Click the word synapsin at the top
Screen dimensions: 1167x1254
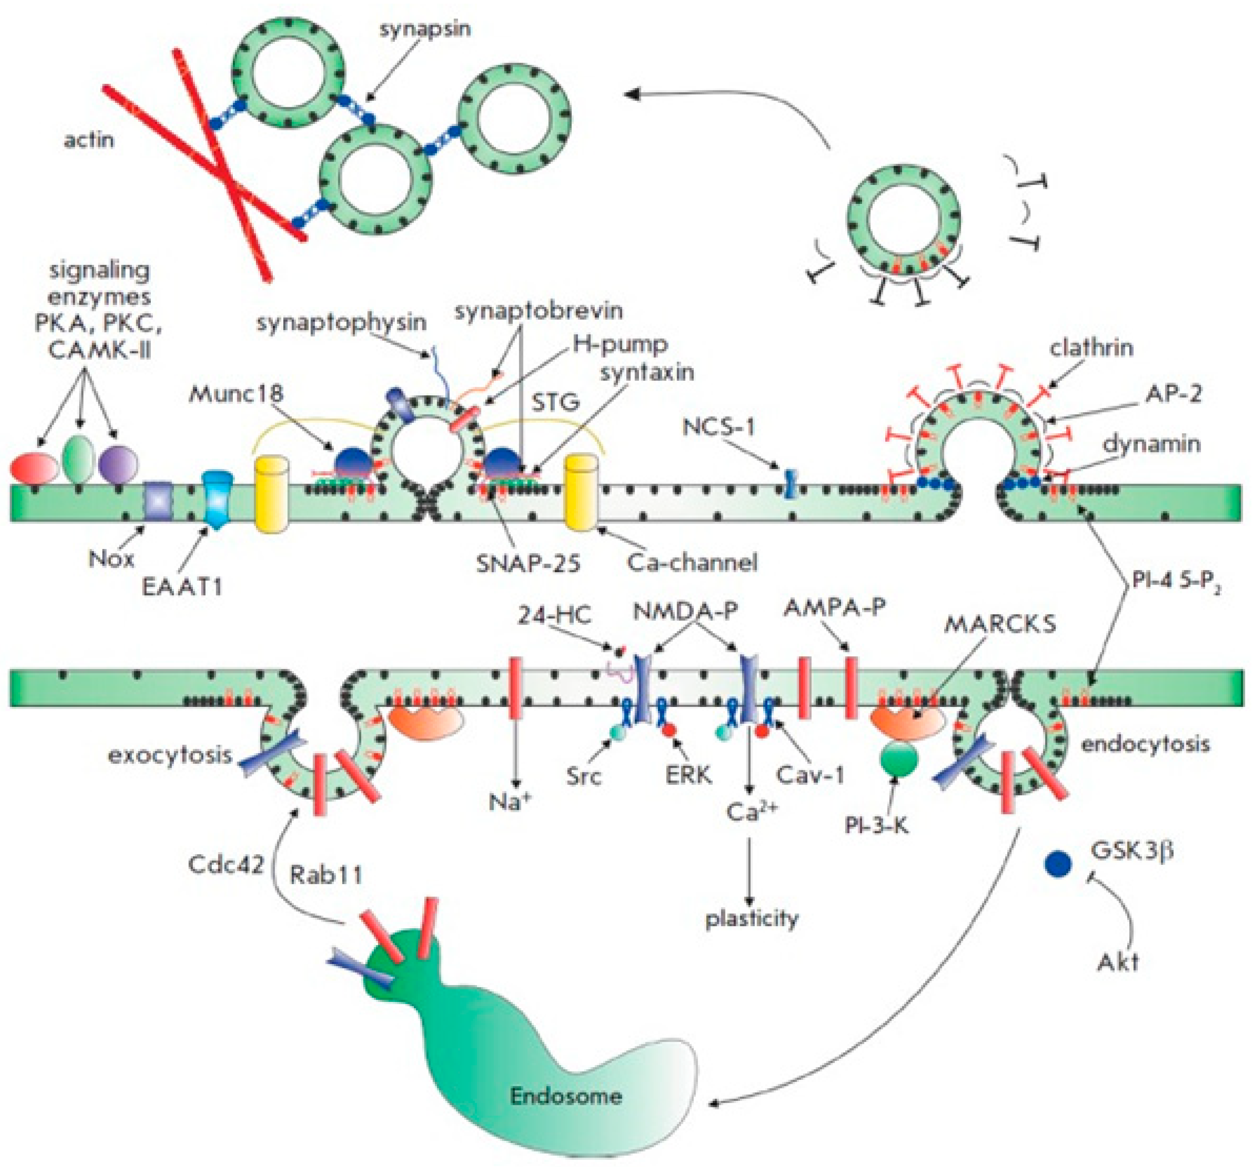click(425, 29)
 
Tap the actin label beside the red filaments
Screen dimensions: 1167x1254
click(89, 140)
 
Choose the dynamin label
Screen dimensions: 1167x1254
click(1151, 444)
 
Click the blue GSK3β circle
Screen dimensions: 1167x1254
click(1058, 864)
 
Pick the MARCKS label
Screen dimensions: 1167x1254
click(1000, 625)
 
